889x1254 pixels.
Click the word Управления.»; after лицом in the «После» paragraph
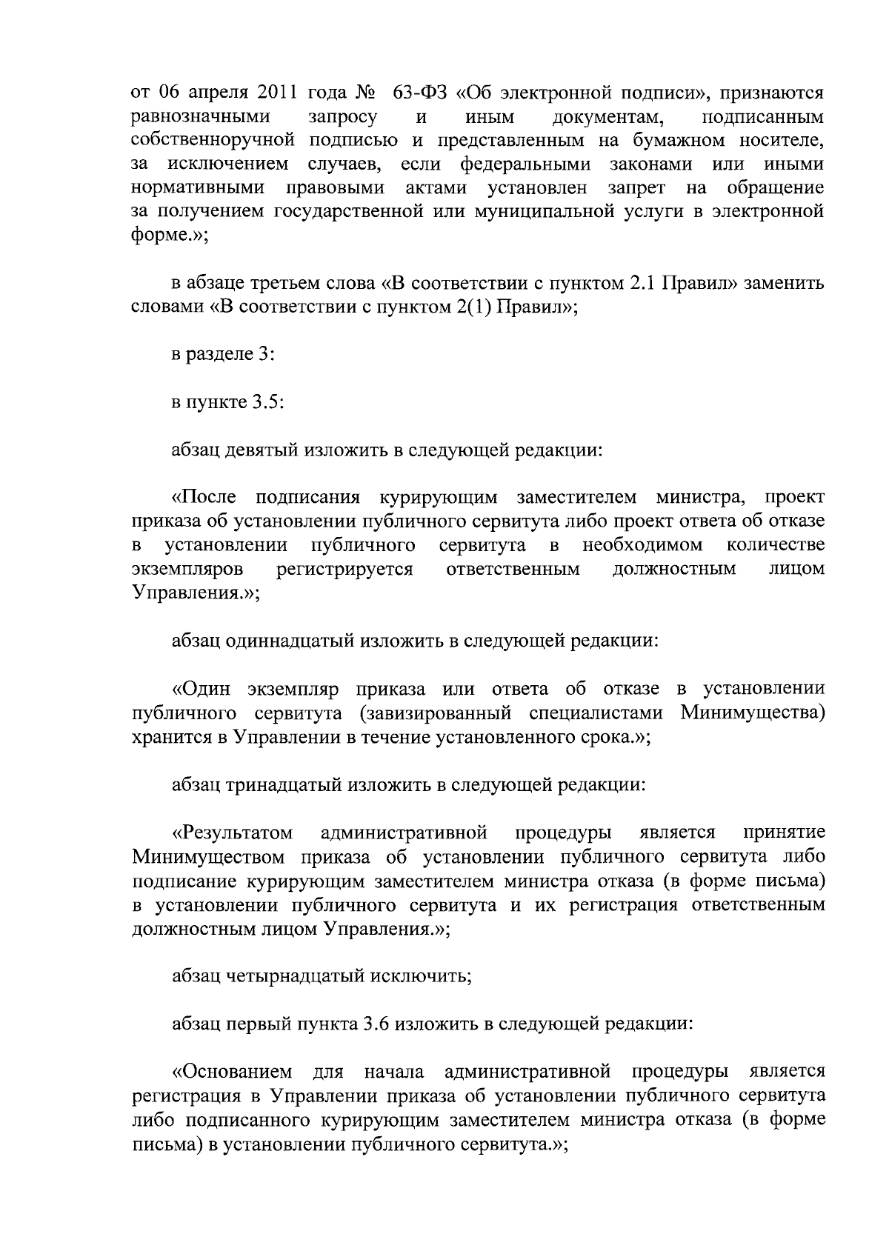tap(196, 593)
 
